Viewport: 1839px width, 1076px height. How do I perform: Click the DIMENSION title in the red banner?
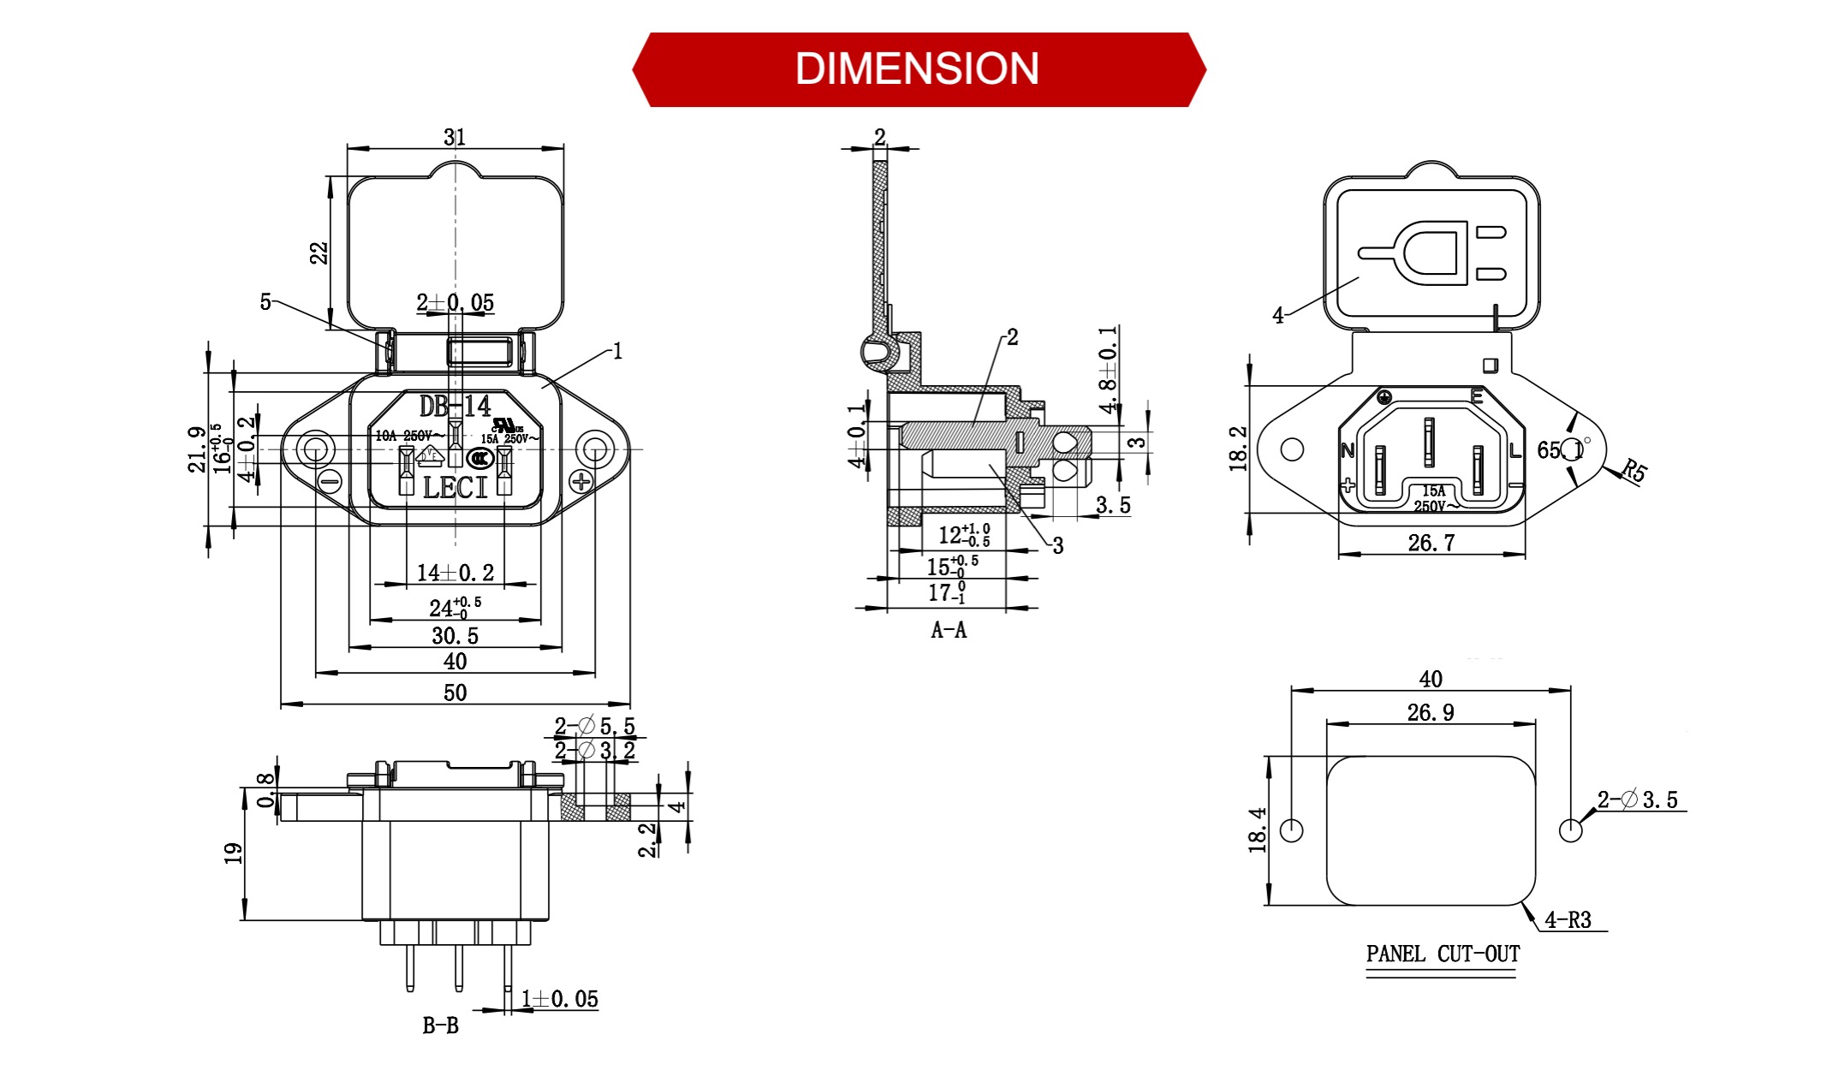click(x=917, y=69)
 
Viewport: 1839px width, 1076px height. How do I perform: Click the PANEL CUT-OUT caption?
click(x=1443, y=954)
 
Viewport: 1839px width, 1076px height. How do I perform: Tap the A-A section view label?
click(x=949, y=631)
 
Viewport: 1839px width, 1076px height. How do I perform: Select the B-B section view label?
click(x=440, y=1025)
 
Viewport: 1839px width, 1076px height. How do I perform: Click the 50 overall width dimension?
click(x=455, y=693)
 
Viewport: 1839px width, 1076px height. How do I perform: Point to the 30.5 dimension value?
click(x=455, y=636)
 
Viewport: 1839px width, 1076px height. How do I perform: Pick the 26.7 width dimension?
click(x=1431, y=543)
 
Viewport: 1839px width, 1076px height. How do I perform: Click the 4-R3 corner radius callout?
click(x=1568, y=920)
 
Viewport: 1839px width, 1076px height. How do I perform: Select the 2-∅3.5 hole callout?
click(x=1637, y=800)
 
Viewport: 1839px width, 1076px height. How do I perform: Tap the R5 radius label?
click(x=1634, y=471)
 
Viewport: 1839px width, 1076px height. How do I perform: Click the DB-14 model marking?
click(x=455, y=406)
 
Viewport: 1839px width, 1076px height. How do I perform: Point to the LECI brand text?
click(x=455, y=488)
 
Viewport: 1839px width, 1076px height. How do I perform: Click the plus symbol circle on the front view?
click(x=581, y=481)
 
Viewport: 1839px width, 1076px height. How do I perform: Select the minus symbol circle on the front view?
click(x=330, y=481)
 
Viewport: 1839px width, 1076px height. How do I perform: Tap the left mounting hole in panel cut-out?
click(x=1291, y=829)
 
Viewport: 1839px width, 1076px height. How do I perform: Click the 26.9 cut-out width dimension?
click(x=1430, y=712)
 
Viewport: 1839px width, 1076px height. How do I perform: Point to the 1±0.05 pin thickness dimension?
click(x=560, y=999)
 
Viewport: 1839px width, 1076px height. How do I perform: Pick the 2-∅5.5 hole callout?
click(x=594, y=726)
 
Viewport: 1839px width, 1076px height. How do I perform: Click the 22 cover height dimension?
click(x=318, y=253)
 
